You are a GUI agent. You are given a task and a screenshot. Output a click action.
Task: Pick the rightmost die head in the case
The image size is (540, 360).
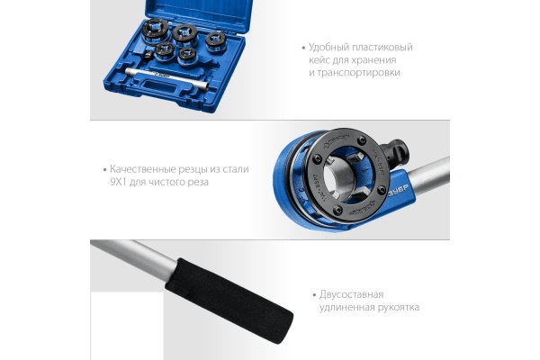(x=215, y=40)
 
